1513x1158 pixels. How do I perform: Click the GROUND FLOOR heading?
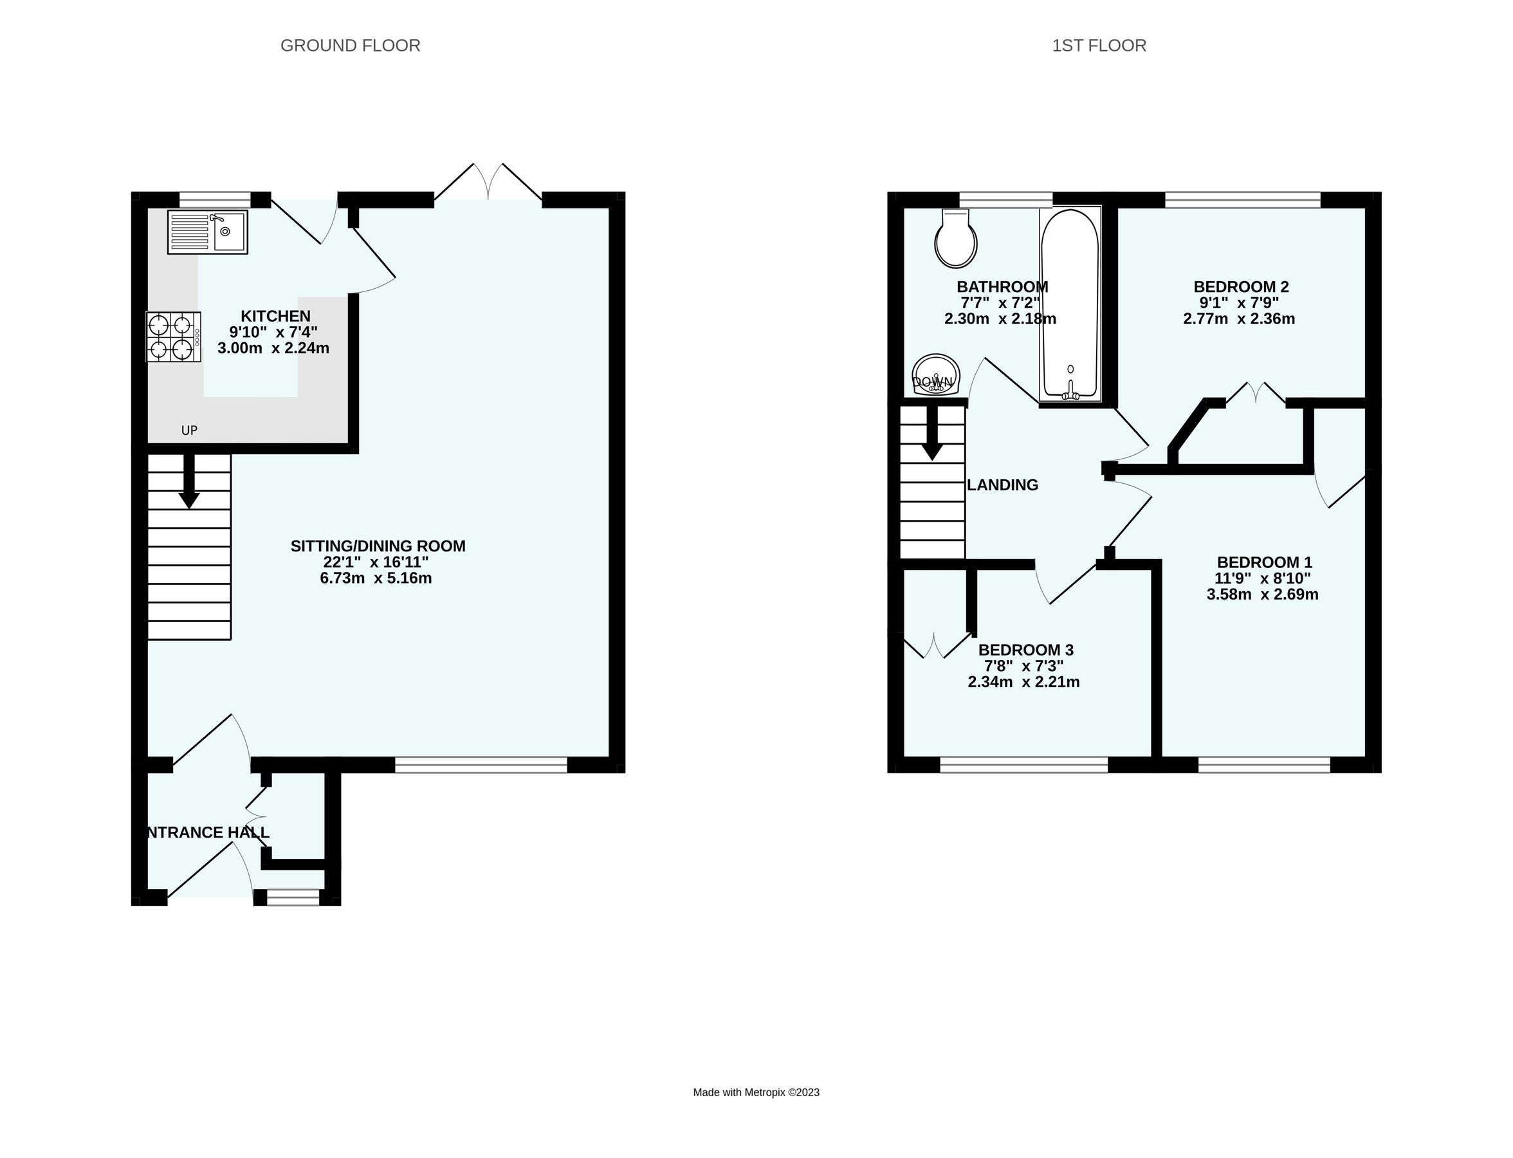(x=350, y=46)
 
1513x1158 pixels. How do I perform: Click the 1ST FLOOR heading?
(x=1099, y=46)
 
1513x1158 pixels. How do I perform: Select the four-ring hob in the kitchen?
(x=173, y=336)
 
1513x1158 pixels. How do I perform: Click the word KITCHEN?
(x=275, y=317)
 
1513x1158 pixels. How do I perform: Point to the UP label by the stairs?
(x=189, y=430)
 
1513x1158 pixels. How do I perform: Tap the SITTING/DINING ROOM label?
(x=378, y=546)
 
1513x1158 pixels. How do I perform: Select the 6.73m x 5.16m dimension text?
(x=376, y=578)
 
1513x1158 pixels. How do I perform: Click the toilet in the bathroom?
(x=955, y=239)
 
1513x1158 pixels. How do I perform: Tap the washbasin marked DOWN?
(x=935, y=376)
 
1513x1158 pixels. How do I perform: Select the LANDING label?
(x=1002, y=485)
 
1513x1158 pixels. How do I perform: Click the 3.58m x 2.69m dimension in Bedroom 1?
(x=1262, y=595)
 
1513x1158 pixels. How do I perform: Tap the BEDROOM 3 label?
(x=1025, y=650)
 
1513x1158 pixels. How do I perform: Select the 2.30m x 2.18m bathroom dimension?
(x=1000, y=319)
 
